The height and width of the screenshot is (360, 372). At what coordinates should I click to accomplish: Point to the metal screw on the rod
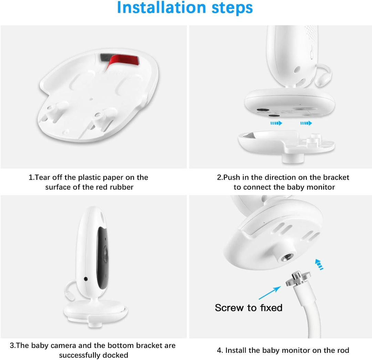click(x=298, y=279)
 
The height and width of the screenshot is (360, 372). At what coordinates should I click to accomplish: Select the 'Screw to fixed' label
click(x=248, y=307)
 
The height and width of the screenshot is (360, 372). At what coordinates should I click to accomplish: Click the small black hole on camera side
click(x=85, y=278)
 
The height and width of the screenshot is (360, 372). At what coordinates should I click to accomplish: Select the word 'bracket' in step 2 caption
click(x=336, y=178)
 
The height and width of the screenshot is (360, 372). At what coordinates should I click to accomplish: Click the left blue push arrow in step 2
click(x=276, y=123)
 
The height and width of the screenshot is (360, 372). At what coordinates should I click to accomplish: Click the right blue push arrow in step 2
click(x=306, y=123)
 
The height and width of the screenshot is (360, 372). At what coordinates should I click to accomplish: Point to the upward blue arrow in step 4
click(x=319, y=264)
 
